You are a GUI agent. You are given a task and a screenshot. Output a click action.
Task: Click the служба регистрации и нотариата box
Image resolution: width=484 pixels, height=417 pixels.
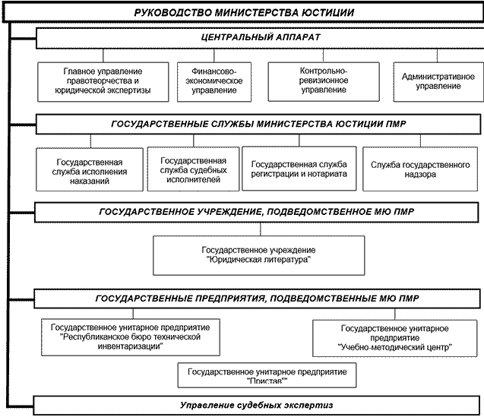click(299, 169)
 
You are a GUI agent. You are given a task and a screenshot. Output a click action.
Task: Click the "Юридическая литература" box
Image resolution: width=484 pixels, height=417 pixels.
click(258, 254)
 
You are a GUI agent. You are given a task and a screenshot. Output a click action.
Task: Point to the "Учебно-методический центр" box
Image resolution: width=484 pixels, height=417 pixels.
click(394, 338)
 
